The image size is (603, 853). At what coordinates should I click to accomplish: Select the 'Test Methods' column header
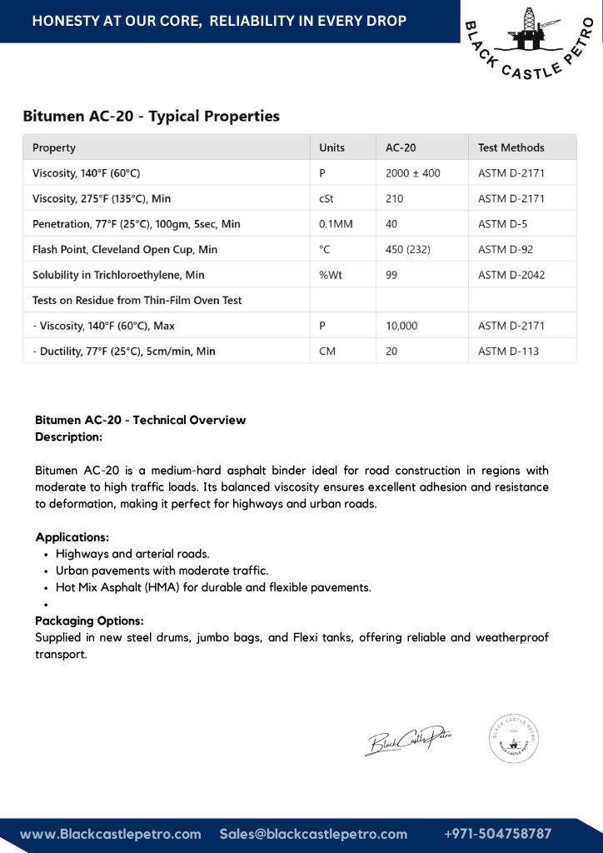coord(511,147)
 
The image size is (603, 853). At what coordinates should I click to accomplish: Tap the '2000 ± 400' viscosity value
coord(413,173)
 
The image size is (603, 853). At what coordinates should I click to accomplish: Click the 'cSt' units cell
coord(326,199)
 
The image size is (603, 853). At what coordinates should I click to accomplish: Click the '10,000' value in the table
coord(401,326)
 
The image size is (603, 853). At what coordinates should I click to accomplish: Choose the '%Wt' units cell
coord(331,275)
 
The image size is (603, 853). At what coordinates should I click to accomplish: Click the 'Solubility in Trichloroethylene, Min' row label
coord(118,275)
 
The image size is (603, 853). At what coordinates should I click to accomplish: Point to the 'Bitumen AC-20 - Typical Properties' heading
coord(151,116)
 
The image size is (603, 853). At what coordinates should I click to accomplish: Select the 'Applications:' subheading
coord(72,537)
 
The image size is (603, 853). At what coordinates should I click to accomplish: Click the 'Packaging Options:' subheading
coord(89,621)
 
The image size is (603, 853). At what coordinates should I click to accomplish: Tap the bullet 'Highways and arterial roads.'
coord(132,554)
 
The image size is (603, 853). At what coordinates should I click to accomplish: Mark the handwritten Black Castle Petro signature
coord(408,738)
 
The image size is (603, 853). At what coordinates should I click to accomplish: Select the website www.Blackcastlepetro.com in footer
coord(111,834)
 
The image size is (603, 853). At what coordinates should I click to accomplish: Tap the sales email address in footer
coord(313,834)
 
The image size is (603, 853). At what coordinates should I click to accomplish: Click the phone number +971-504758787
coord(498,834)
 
